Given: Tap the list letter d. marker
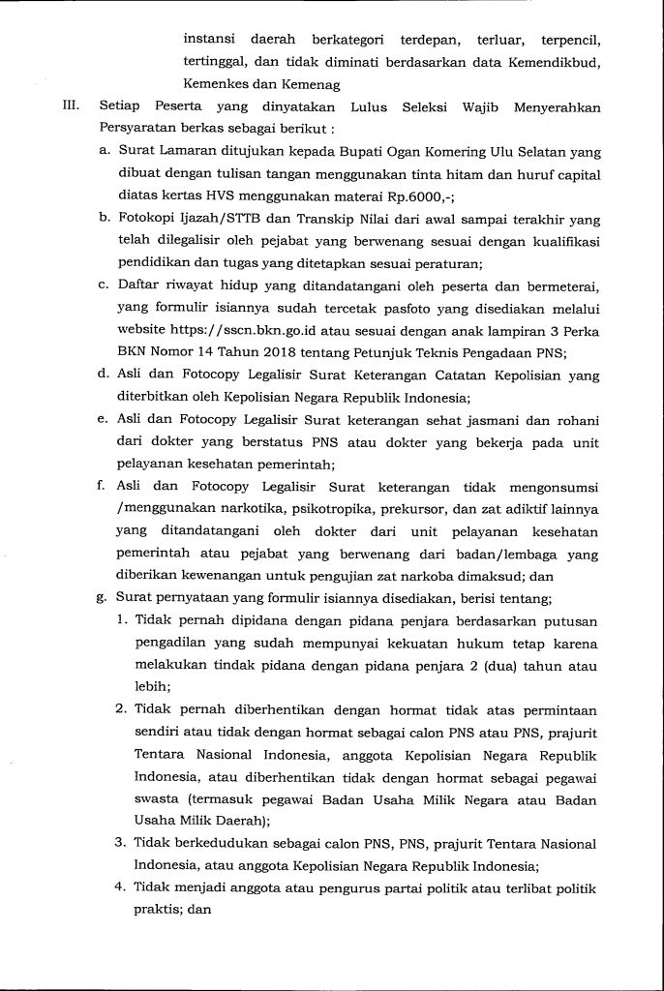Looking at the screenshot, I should pos(104,374).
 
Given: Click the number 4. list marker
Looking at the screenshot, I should pos(118,886).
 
